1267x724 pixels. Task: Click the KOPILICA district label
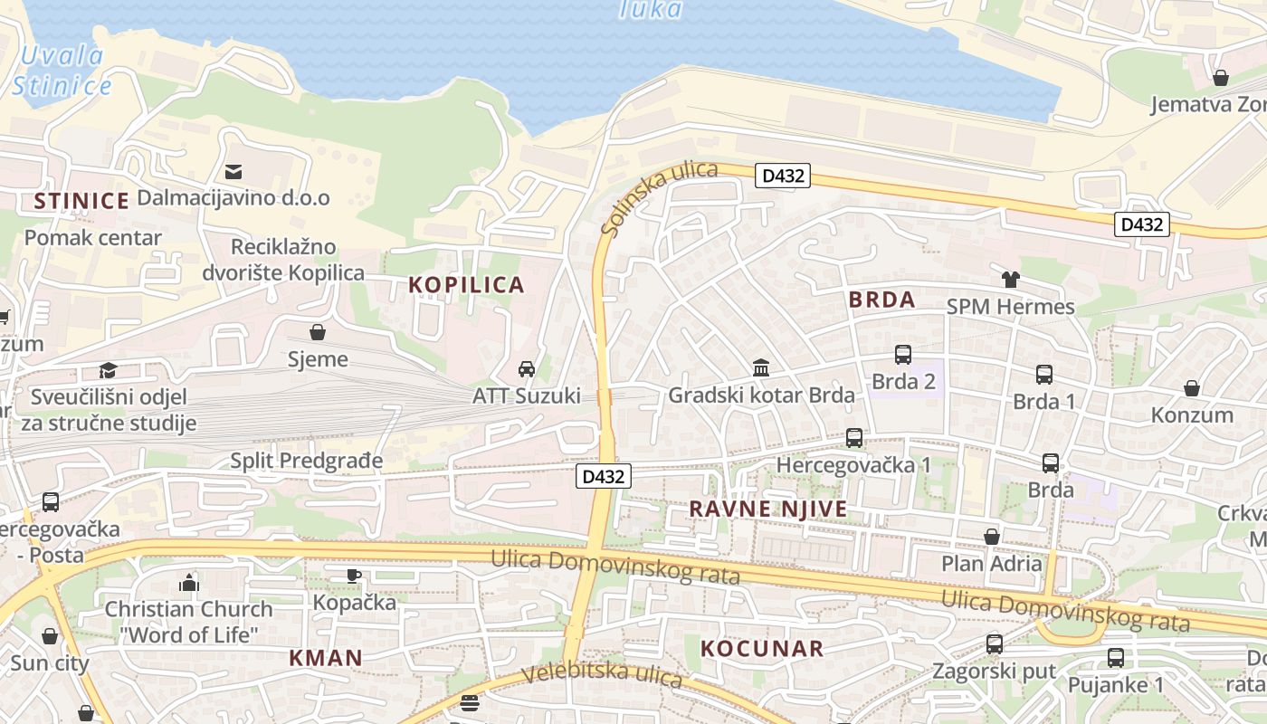(466, 285)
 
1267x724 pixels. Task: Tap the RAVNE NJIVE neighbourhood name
(768, 509)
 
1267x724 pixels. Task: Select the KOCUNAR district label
(762, 648)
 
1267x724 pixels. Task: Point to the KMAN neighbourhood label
(326, 658)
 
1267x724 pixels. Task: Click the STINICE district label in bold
(81, 201)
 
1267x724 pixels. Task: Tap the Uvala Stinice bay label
(62, 71)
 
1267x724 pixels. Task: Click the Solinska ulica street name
(658, 198)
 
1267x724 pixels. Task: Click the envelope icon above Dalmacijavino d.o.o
(233, 171)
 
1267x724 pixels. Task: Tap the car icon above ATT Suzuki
(526, 368)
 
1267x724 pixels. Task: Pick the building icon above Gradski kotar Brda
(761, 368)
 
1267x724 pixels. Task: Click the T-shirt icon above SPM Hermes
(1010, 279)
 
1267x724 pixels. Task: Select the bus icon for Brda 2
(902, 355)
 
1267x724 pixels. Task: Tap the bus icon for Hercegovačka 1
(853, 438)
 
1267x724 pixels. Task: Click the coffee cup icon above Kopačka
(354, 576)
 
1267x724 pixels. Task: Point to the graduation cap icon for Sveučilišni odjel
(108, 370)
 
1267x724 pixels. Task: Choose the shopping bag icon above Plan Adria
(992, 537)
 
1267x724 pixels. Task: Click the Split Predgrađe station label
(306, 461)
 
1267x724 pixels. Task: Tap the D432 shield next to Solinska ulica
(783, 176)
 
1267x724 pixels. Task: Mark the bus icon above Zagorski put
(995, 644)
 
